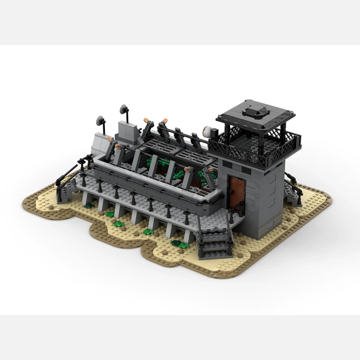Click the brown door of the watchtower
(x=235, y=192)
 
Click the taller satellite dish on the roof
(x=124, y=109)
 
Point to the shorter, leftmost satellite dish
(x=100, y=121)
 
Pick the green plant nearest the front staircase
(x=180, y=244)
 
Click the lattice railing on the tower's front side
(x=238, y=151)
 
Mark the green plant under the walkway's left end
(x=90, y=206)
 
